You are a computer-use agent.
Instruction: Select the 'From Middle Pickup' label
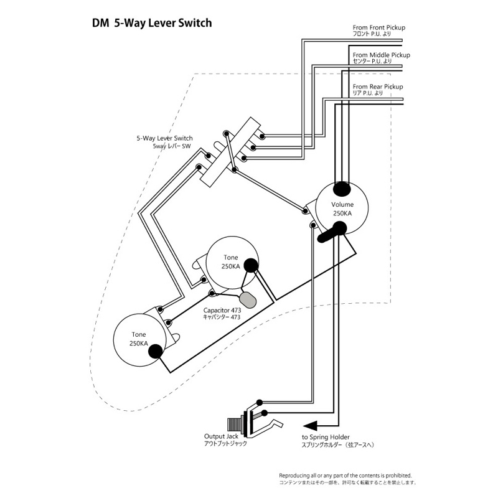381,55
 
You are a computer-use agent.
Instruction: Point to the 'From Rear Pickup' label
377,87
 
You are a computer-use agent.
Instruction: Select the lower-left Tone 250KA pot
138,339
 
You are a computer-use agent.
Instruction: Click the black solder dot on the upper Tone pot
250,266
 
